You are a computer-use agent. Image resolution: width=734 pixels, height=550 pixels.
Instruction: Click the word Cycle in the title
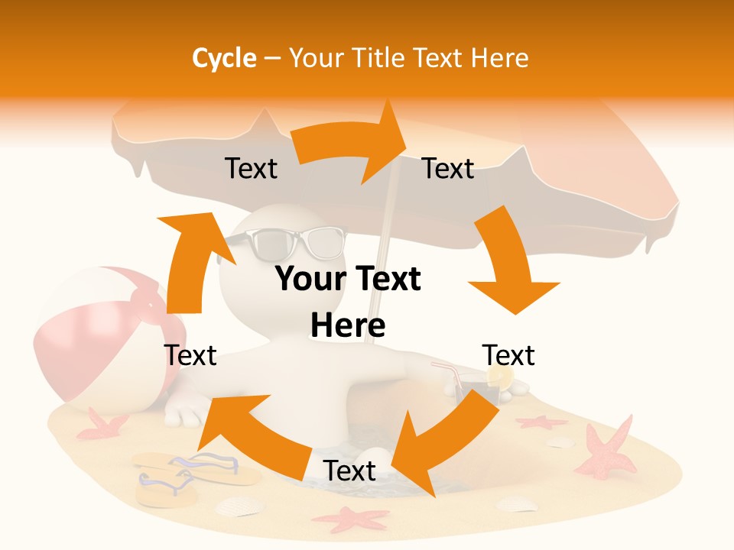224,58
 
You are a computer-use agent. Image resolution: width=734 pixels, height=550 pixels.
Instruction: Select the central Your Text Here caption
348,302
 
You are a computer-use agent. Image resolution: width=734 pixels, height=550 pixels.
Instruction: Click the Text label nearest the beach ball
190,355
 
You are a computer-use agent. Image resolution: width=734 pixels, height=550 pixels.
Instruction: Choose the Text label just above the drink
508,355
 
